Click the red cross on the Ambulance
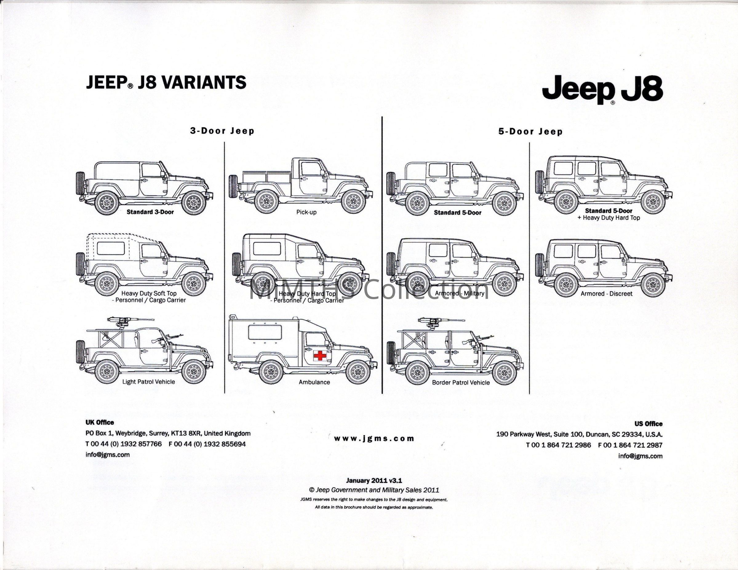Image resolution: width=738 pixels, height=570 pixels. (x=320, y=355)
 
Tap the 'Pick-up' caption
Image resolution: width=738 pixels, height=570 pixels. (x=306, y=212)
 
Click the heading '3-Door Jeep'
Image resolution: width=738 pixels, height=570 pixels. (x=222, y=131)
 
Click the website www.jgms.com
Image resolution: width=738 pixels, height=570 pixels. (x=374, y=439)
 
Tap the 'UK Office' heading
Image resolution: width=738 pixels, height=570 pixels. (x=100, y=422)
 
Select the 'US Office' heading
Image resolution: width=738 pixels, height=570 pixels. (x=648, y=424)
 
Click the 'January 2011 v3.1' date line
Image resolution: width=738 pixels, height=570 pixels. (x=374, y=480)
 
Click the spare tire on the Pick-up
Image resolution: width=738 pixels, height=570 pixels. (x=233, y=186)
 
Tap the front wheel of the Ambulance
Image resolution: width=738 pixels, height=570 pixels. (x=358, y=372)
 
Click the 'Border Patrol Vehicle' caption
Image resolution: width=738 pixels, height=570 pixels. (x=461, y=382)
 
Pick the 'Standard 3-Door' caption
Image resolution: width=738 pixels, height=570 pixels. (x=150, y=212)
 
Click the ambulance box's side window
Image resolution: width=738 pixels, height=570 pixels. (x=265, y=332)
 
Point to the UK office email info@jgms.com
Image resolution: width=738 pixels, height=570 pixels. (x=107, y=454)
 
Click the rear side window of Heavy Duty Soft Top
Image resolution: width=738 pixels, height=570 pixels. (x=110, y=248)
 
